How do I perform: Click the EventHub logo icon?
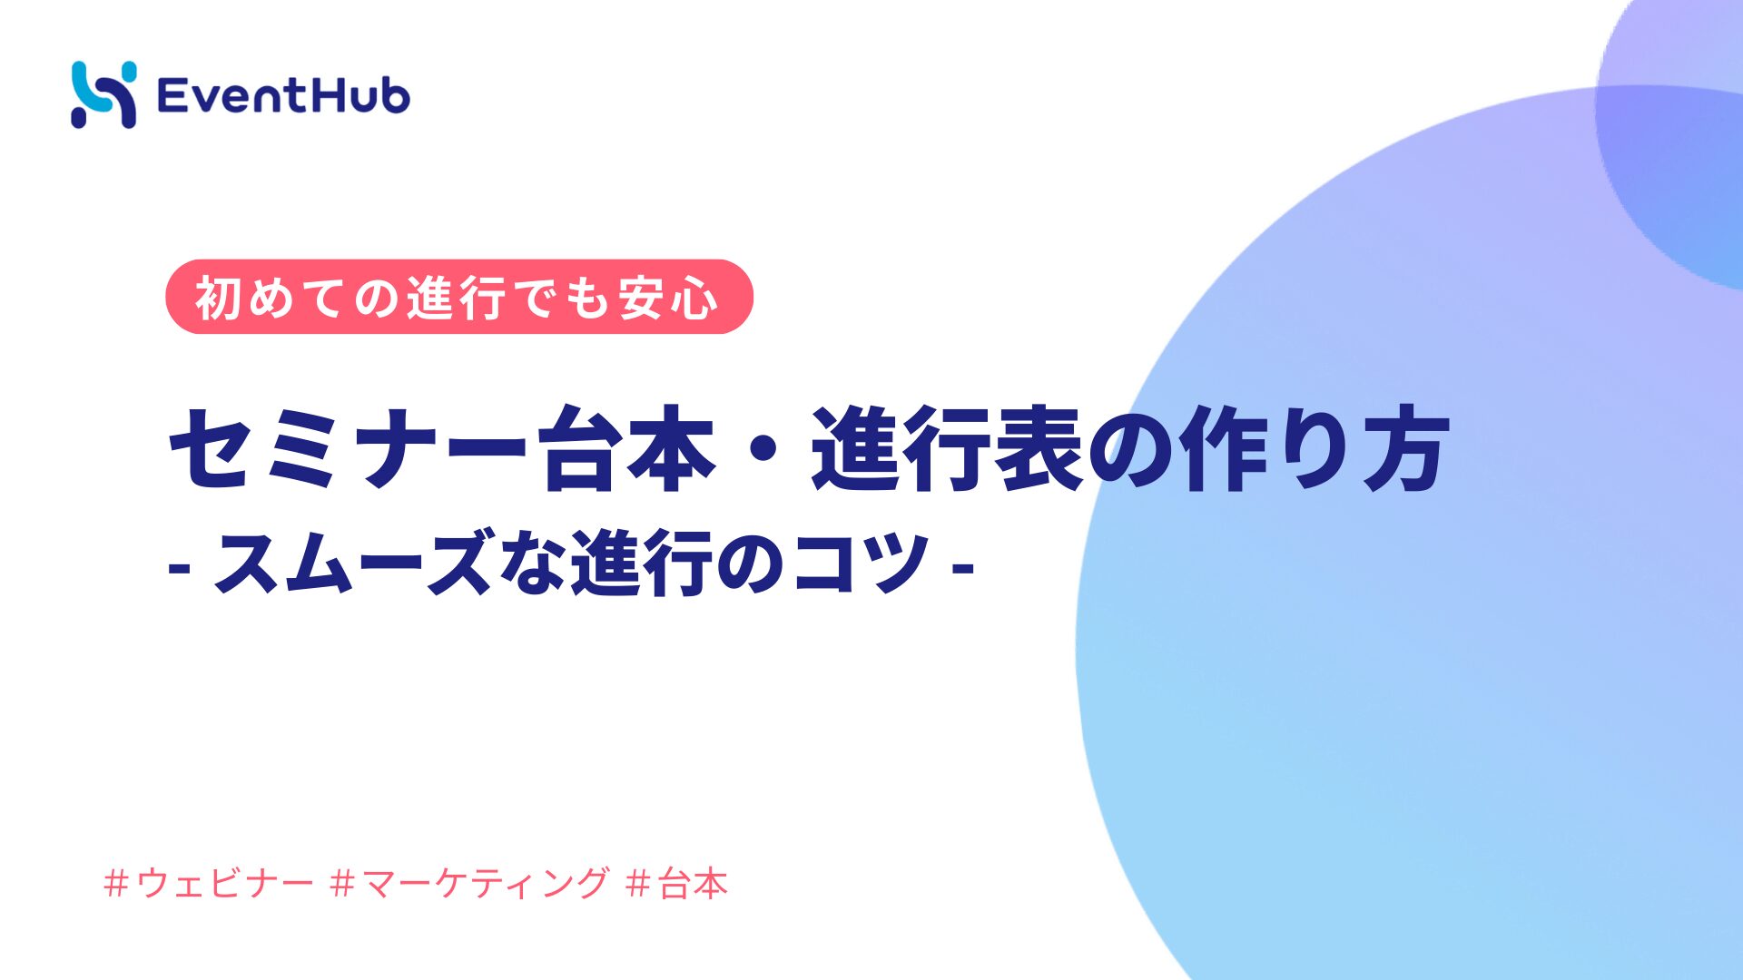coord(103,94)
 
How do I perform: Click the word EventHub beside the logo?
coord(283,96)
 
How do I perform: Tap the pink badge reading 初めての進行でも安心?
coord(458,297)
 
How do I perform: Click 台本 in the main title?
coord(626,448)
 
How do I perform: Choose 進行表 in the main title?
coord(947,448)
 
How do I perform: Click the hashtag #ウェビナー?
coord(209,883)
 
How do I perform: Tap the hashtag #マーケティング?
coord(469,883)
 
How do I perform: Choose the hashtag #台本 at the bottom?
coord(677,883)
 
